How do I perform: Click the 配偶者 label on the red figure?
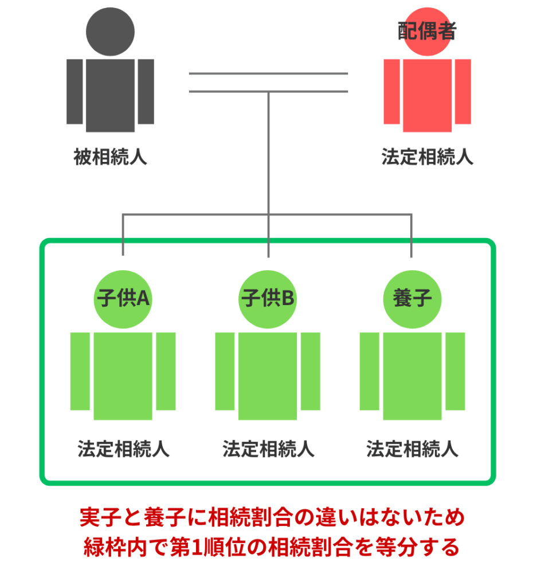tap(426, 31)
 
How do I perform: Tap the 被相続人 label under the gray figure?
tap(110, 157)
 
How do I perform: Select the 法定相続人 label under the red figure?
tap(427, 157)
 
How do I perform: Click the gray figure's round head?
tap(110, 32)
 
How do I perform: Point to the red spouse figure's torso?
tap(427, 96)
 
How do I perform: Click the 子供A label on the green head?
tap(123, 298)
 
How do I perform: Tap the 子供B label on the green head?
tap(268, 298)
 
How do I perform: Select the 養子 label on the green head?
tap(412, 298)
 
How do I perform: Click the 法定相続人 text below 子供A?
tap(123, 449)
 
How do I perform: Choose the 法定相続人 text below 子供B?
tap(268, 449)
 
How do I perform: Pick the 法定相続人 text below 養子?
tap(412, 449)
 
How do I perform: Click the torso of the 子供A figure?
tap(123, 376)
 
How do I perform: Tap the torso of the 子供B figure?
tap(268, 376)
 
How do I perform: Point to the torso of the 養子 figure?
tap(412, 376)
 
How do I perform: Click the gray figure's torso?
tap(110, 96)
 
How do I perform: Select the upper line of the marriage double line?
tap(268, 74)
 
